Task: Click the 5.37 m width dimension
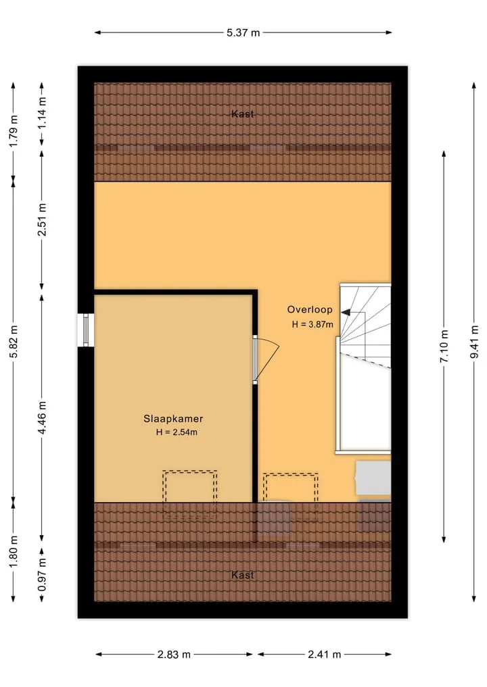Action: point(243,32)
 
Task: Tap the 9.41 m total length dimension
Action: point(474,342)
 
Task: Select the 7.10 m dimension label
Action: point(444,346)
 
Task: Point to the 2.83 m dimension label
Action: point(175,654)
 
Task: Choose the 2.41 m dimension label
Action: point(324,654)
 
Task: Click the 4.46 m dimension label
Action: point(42,417)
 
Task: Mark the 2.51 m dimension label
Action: point(42,220)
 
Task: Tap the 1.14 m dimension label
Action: point(42,113)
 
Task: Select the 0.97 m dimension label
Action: point(42,574)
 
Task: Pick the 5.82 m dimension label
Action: point(14,341)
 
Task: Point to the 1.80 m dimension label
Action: point(14,551)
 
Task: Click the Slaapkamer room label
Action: point(173,418)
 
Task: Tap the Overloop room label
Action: point(310,309)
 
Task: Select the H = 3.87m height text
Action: point(312,325)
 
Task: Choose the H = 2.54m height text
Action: point(177,432)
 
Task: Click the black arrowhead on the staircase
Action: point(346,312)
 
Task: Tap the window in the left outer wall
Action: point(85,330)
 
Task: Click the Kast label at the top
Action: point(243,114)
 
